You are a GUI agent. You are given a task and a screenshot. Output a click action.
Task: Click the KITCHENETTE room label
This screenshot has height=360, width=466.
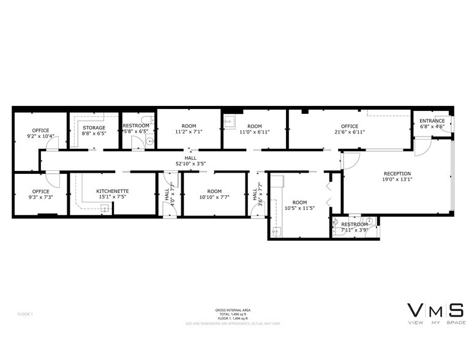(x=112, y=191)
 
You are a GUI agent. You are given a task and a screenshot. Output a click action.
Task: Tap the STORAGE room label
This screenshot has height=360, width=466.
(x=94, y=127)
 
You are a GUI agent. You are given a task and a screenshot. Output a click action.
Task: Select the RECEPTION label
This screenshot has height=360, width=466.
(x=397, y=173)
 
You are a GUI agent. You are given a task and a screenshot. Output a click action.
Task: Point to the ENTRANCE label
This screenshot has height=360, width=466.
(x=432, y=121)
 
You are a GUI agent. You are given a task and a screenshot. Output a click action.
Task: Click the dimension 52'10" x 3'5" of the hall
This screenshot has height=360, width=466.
(x=190, y=163)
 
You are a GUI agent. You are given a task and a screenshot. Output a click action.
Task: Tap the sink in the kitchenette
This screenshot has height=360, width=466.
(x=105, y=209)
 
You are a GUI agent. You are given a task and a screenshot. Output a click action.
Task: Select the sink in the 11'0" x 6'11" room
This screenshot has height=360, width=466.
(x=230, y=121)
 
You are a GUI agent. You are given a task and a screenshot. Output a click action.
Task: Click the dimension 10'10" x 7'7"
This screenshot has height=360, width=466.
(x=214, y=198)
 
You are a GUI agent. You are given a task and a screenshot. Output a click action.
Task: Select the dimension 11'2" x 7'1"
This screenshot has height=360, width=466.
(x=189, y=132)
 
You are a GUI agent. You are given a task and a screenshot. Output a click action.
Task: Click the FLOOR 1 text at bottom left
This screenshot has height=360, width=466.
(x=25, y=314)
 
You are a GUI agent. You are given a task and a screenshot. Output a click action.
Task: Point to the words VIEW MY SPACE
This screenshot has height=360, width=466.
(x=435, y=321)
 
